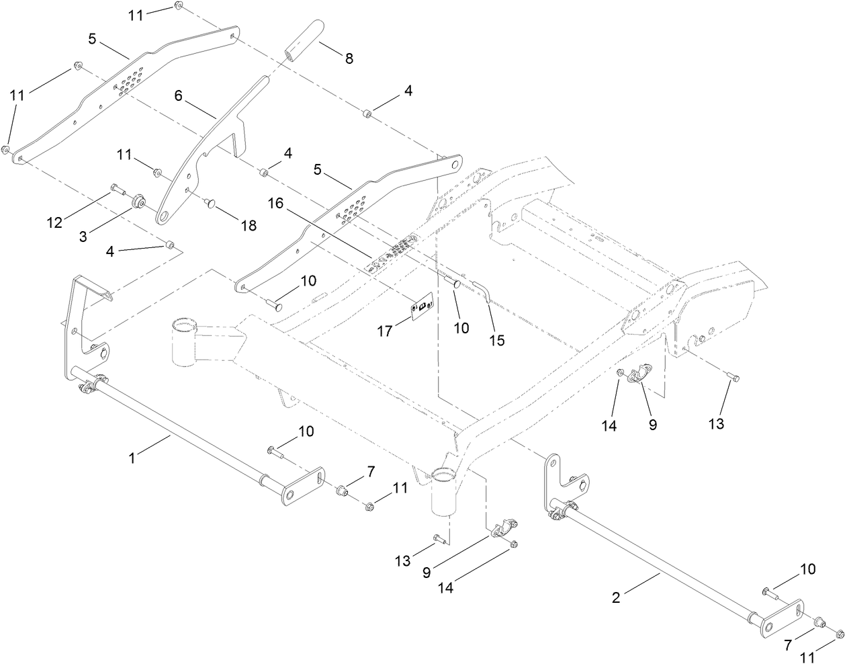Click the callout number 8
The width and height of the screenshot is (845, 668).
(349, 58)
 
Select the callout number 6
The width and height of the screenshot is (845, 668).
(178, 97)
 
